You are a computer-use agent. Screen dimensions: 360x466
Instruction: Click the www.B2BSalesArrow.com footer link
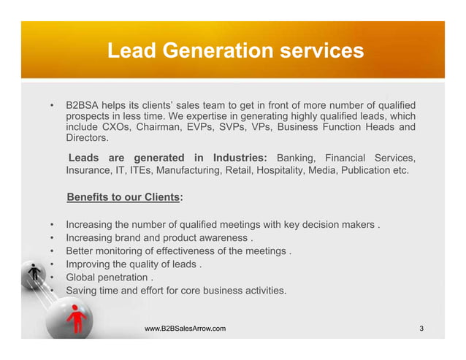(x=185, y=329)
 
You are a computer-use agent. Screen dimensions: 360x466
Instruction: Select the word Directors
(x=87, y=138)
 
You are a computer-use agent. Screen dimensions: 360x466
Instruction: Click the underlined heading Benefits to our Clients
(x=123, y=197)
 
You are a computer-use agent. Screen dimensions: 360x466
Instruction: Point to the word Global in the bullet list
(x=82, y=277)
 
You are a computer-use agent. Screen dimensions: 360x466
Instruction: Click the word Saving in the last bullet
(x=83, y=291)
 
